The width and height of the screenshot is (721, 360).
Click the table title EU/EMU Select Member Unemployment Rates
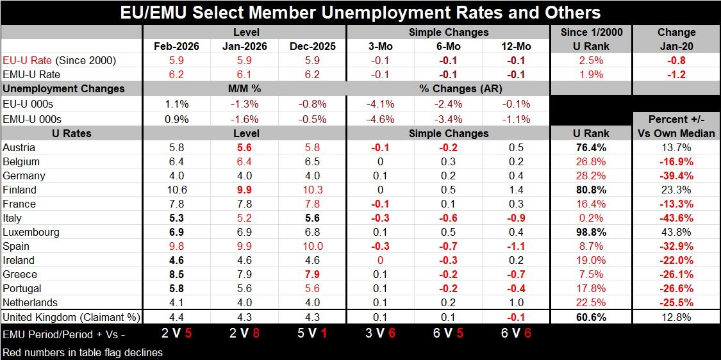pos(360,12)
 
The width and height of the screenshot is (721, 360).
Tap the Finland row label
pos(19,190)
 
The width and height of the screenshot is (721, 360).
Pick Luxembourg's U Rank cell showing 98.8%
pos(591,232)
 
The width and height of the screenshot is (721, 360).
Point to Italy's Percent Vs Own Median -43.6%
pos(676,218)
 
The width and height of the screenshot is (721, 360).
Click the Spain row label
pos(16,246)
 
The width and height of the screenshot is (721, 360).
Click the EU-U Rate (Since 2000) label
pos(58,60)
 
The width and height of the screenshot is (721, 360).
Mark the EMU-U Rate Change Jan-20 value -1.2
pos(676,74)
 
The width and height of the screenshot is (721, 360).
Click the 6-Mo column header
pos(448,46)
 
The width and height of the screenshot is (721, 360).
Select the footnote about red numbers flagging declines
pos(83,352)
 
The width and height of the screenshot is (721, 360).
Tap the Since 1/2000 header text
pos(591,32)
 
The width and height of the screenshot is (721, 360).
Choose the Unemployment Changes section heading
pos(64,88)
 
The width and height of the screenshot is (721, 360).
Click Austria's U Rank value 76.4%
pos(591,147)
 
